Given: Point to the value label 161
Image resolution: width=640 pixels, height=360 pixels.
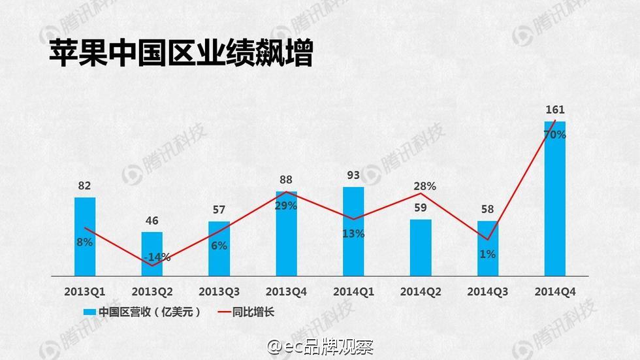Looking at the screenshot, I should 554,110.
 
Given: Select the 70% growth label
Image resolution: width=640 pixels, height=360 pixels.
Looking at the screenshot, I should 554,135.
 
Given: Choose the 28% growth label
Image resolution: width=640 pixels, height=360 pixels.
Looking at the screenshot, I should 424,187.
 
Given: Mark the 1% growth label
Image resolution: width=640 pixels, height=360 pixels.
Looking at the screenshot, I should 487,254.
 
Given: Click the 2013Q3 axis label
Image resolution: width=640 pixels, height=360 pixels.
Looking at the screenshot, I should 219,291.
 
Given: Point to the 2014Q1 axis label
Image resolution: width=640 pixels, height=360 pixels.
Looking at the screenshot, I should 353,291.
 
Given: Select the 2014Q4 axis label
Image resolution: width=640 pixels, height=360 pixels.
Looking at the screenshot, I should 554,291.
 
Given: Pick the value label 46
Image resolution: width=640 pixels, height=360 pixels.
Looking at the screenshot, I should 152,221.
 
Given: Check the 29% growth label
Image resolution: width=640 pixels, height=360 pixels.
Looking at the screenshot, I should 285,206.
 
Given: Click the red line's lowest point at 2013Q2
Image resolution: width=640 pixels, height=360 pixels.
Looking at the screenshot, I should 152,265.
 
